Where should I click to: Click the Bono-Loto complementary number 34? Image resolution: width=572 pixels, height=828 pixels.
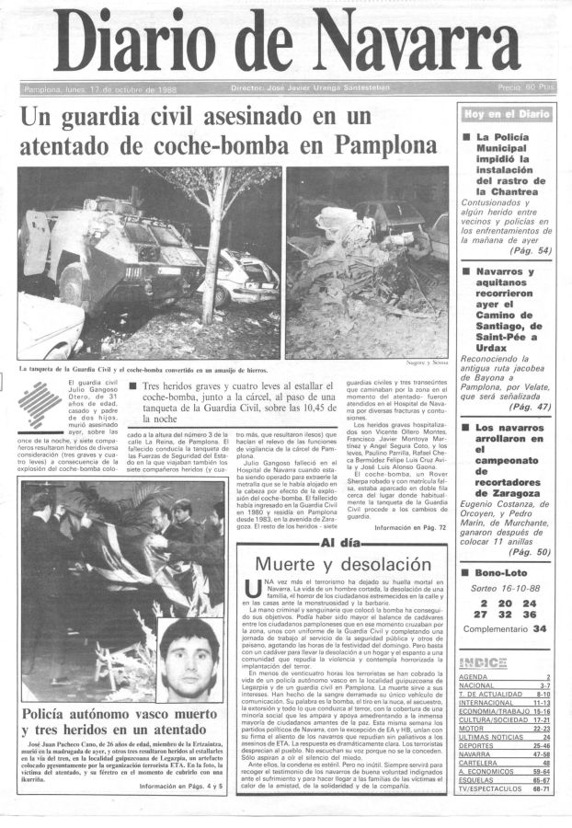click(539, 628)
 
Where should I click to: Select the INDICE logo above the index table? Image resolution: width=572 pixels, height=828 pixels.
click(483, 662)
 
